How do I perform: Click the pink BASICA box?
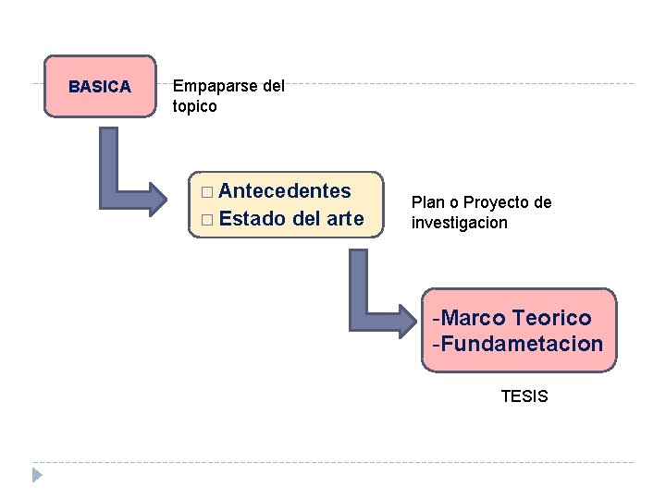pos(100,87)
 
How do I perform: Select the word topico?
pos(195,106)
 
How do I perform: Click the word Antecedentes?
pos(285,191)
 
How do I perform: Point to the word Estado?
pos(253,219)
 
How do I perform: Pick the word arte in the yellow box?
pos(345,219)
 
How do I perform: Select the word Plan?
pos(427,202)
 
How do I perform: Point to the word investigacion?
pos(460,223)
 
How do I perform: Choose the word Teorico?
pos(551,318)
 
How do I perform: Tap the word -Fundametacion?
pos(517,345)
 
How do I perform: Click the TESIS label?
pos(524,396)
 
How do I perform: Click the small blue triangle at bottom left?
pos(37,475)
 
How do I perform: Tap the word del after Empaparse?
pos(274,86)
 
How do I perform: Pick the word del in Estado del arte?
pos(305,219)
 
